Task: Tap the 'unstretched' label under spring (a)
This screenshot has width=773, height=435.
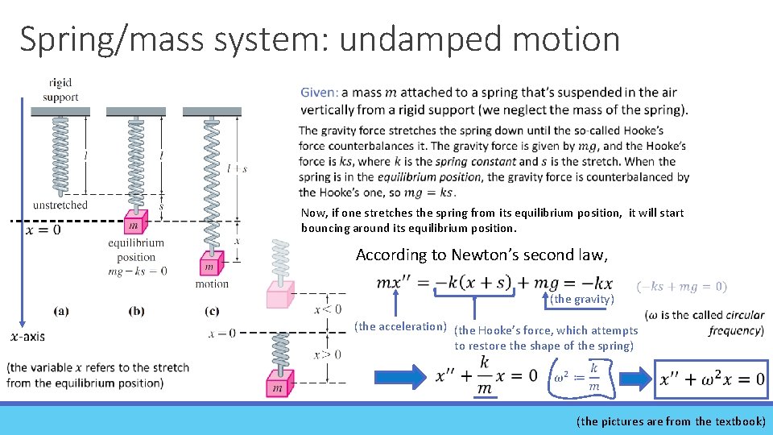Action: click(60, 205)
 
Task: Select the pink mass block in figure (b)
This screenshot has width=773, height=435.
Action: click(133, 223)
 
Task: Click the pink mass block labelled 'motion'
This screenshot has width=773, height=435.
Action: click(210, 263)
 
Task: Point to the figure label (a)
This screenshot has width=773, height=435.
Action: click(60, 309)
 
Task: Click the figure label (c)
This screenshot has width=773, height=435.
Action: click(212, 309)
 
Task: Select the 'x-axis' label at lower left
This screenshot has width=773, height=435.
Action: click(27, 337)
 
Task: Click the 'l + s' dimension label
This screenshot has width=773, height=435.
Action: click(236, 168)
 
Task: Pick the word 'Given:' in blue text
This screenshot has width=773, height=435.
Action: click(319, 93)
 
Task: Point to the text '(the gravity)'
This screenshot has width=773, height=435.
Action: click(581, 300)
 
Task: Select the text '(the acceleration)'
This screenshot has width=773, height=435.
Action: click(400, 326)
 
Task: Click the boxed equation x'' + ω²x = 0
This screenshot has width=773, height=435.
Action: click(712, 379)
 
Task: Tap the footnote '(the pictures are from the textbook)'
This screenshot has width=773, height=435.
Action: click(672, 420)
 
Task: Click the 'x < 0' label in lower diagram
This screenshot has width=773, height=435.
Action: click(327, 309)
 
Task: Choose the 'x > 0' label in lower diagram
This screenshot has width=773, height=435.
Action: click(327, 353)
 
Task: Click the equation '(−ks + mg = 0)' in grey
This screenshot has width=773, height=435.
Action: click(681, 286)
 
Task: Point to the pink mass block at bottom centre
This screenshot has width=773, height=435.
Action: click(279, 383)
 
